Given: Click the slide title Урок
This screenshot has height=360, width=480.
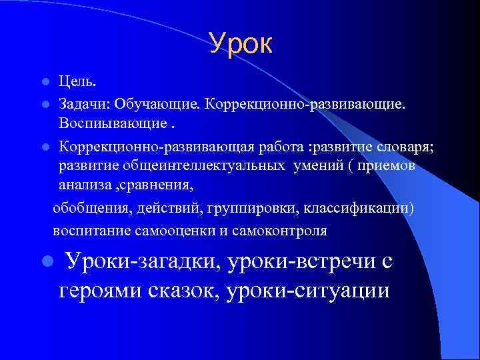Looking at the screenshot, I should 241,43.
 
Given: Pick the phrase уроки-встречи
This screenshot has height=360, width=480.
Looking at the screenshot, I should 299,261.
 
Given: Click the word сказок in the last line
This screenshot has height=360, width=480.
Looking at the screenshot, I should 183,291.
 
